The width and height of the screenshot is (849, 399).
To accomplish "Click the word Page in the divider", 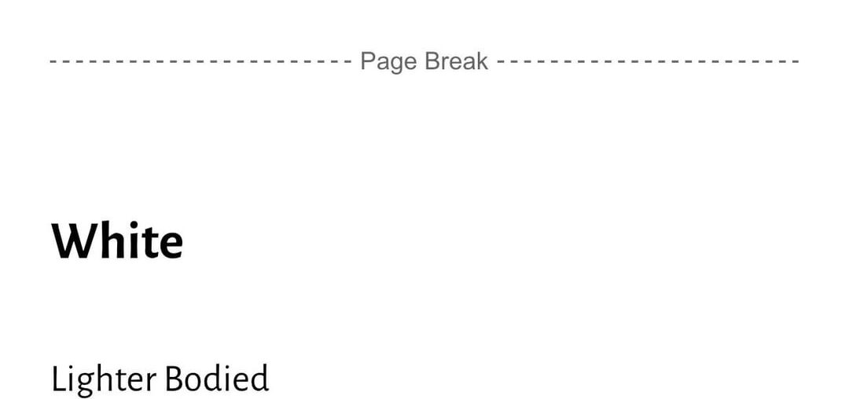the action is coord(389,61).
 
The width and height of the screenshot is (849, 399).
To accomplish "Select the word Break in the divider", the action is coord(456,61).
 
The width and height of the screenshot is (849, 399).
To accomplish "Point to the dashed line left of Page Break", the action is coord(201,61).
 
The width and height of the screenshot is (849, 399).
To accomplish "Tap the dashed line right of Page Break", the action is coord(648,61).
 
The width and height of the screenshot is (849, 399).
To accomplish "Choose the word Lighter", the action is coord(104,379).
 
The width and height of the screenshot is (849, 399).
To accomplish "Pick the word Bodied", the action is coord(217,378).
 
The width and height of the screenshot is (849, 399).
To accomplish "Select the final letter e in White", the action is coord(171,246).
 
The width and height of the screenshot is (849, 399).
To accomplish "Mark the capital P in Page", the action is coord(368,61).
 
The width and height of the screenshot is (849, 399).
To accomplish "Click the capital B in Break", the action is coord(432,61).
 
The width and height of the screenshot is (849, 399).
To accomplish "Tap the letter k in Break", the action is coord(481,61).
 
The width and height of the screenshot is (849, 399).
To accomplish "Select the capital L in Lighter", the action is coord(58,379).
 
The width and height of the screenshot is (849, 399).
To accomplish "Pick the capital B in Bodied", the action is coord(173,379).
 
